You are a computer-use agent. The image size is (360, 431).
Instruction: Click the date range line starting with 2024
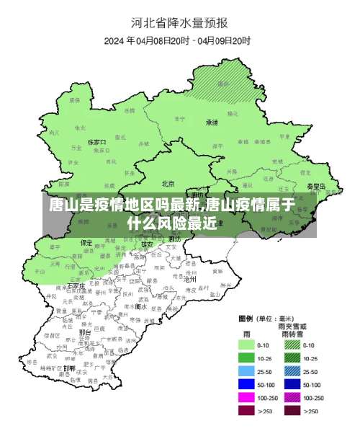click(179, 40)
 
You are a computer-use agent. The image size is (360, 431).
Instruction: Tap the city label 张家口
click(96, 143)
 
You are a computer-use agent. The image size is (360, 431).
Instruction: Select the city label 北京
click(168, 183)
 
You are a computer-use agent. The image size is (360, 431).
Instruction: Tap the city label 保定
click(86, 243)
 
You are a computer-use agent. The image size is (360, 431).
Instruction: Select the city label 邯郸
click(69, 368)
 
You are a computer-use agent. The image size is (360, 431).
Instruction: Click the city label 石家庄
click(76, 286)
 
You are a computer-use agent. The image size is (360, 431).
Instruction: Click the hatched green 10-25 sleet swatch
click(291, 357)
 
